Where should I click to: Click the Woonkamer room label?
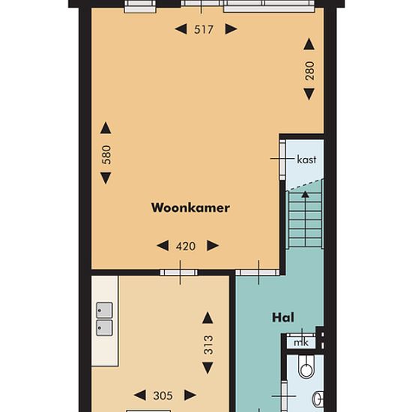190,207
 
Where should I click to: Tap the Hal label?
283,318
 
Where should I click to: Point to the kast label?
306,160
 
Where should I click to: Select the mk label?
301,342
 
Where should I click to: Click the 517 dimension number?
204,29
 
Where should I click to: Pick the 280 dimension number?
310,70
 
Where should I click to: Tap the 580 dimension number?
106,155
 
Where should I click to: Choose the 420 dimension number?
186,246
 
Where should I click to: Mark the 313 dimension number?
208,345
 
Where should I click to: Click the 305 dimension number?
163,396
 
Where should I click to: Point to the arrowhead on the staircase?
305,195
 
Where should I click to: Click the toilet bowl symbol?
306,367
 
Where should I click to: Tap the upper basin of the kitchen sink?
105,310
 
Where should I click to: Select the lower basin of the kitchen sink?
105,327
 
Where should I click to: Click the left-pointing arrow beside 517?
181,29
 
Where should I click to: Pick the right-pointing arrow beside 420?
213,246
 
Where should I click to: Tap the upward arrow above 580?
106,128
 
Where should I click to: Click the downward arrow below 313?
207,368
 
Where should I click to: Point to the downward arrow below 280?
309,94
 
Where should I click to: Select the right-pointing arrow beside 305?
190,396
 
